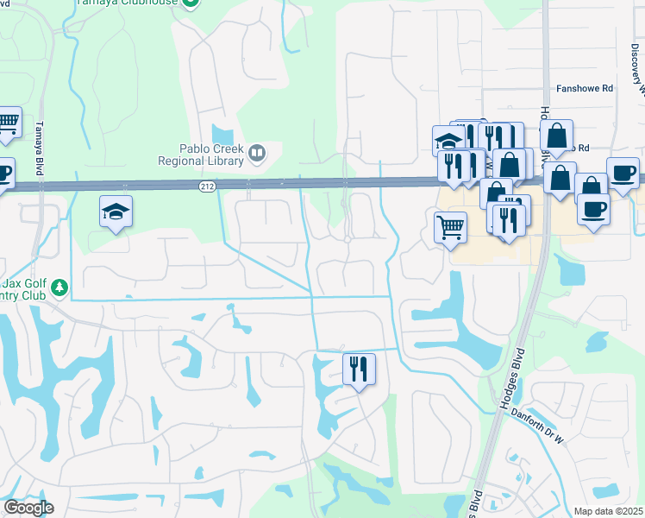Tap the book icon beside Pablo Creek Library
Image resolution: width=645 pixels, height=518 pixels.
255,154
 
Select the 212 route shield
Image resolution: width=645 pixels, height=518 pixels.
207,186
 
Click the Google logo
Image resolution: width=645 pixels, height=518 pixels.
28,508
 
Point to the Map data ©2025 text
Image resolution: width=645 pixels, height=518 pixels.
609,511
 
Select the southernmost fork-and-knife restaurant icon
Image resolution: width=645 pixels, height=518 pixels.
358,369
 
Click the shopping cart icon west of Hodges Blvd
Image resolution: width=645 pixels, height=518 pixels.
450,228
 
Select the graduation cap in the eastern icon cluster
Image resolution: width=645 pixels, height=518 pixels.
448,140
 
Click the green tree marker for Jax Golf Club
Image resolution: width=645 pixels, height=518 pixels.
59,286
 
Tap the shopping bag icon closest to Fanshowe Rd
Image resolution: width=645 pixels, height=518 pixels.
557,135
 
